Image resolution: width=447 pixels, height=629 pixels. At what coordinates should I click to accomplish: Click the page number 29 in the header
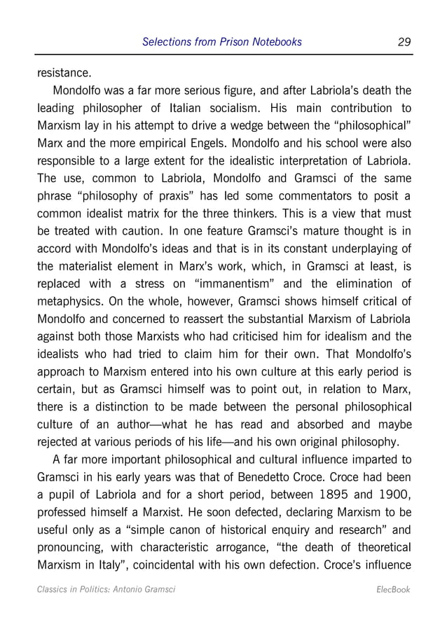(x=404, y=42)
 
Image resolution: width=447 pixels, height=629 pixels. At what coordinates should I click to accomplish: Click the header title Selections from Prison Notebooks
(x=221, y=42)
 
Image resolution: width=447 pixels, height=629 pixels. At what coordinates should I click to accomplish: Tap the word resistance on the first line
(x=62, y=72)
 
